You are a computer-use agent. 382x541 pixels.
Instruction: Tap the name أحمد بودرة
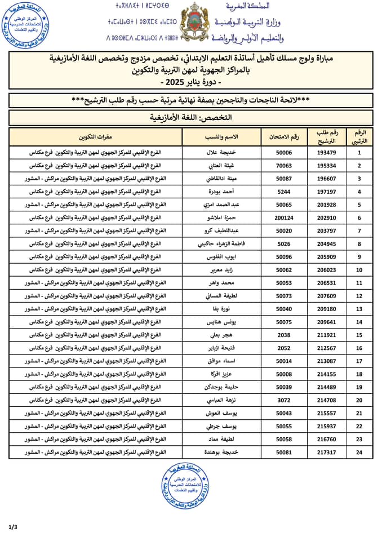[220, 192]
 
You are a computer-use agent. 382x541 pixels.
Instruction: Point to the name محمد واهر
[220, 283]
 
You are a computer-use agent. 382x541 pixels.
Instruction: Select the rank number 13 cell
[359, 309]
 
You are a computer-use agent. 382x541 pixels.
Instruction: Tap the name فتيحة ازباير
[220, 348]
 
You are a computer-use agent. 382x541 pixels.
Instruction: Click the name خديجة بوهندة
[220, 453]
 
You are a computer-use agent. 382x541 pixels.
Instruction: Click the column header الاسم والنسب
[221, 137]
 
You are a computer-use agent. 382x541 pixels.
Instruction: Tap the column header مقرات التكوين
[95, 137]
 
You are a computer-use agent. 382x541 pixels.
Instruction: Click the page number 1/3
[13, 527]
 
